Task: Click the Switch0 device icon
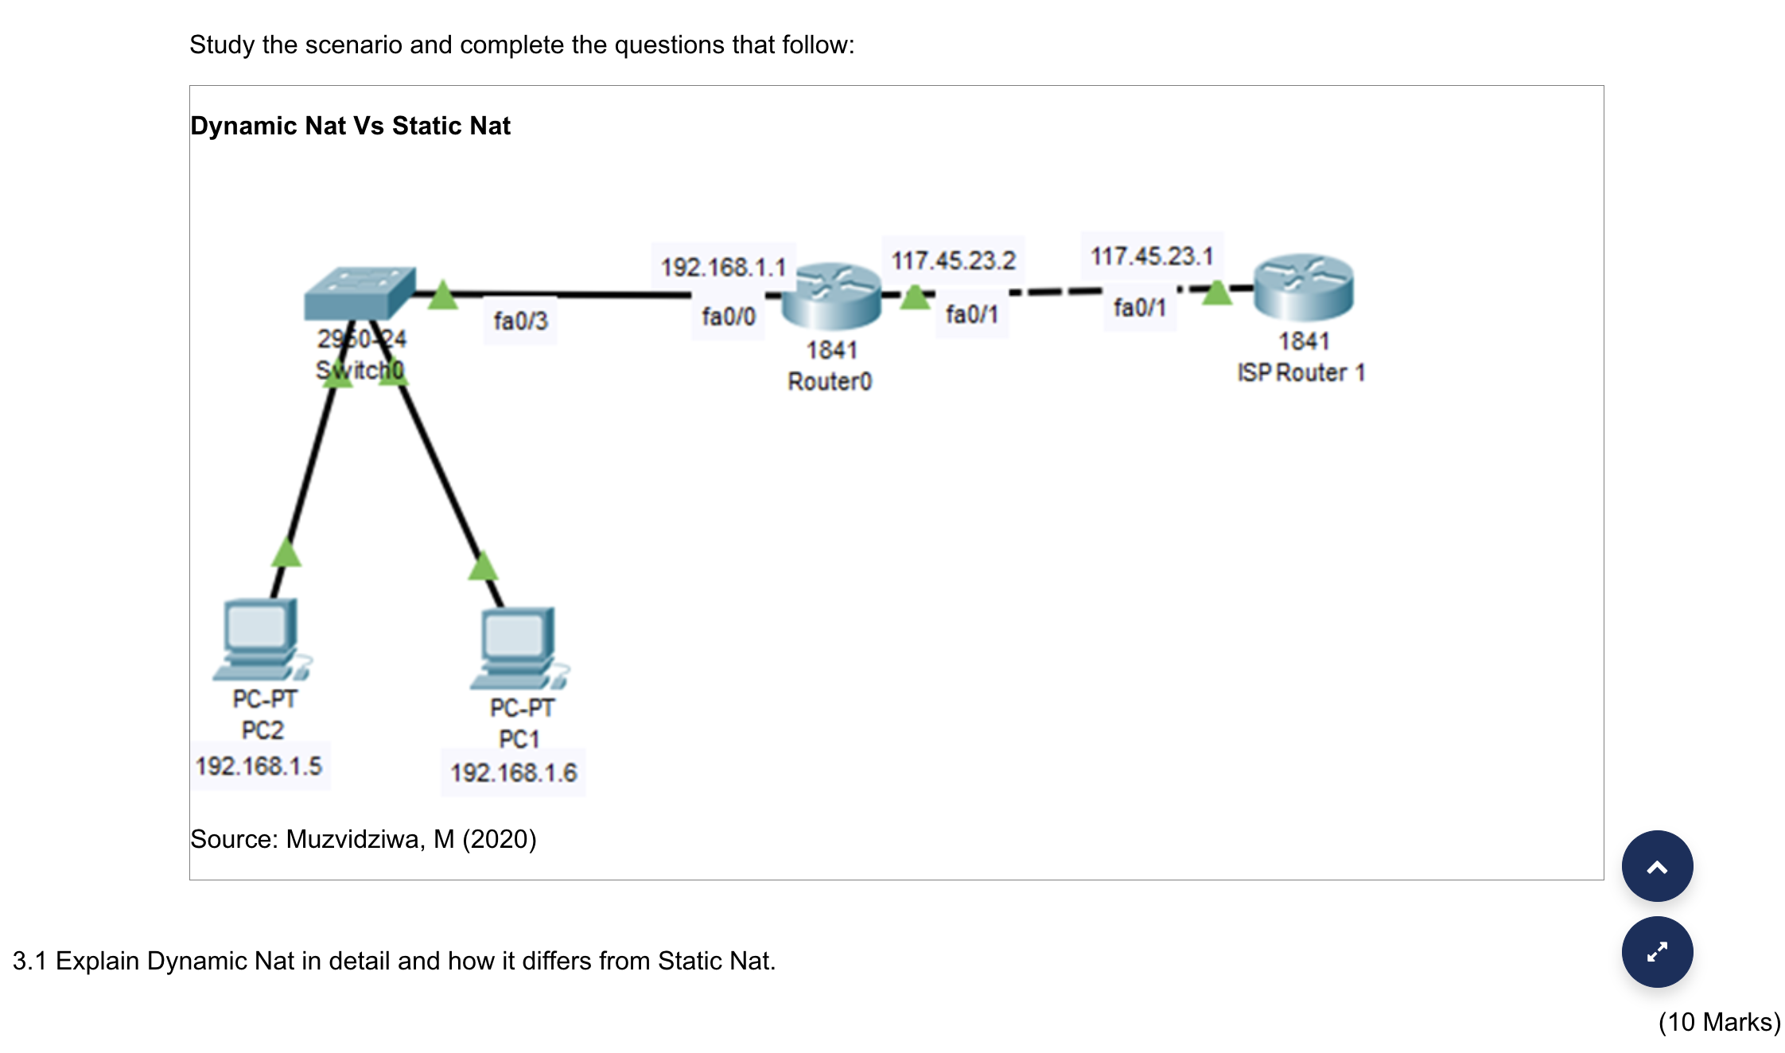[360, 293]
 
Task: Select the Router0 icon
[831, 297]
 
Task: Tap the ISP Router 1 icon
[1303, 288]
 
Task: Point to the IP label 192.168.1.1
[723, 267]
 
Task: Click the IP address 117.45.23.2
[953, 260]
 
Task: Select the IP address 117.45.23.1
[1151, 256]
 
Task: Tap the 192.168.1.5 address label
[259, 766]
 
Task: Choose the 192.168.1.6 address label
[514, 772]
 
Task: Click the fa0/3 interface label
[520, 321]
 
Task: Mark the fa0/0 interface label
[728, 317]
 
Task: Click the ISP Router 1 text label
[1301, 372]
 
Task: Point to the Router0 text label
[830, 382]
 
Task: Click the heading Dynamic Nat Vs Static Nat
[350, 126]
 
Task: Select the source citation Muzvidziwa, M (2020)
[363, 839]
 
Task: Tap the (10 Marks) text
[1719, 1022]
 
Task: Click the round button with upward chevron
[1657, 866]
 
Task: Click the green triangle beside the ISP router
[1216, 293]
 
